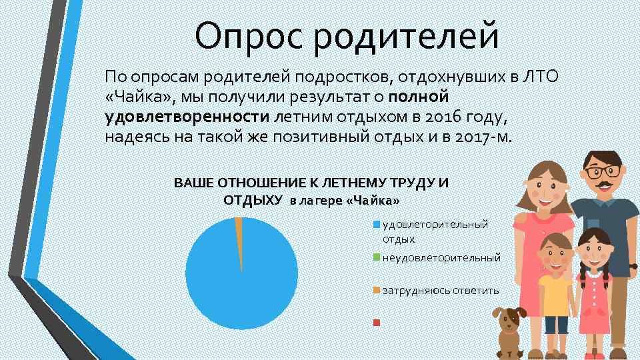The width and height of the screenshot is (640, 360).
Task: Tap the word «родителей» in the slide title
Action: pyautogui.click(x=407, y=37)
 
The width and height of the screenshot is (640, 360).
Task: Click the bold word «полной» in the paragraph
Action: pyautogui.click(x=421, y=98)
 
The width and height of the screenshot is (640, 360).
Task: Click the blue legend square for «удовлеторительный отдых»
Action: pyautogui.click(x=377, y=224)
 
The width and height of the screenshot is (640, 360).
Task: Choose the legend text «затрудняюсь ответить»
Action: pyautogui.click(x=440, y=290)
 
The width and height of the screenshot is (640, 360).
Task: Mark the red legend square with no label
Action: pyautogui.click(x=377, y=323)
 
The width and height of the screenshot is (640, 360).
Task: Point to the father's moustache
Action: pyautogui.click(x=603, y=185)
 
